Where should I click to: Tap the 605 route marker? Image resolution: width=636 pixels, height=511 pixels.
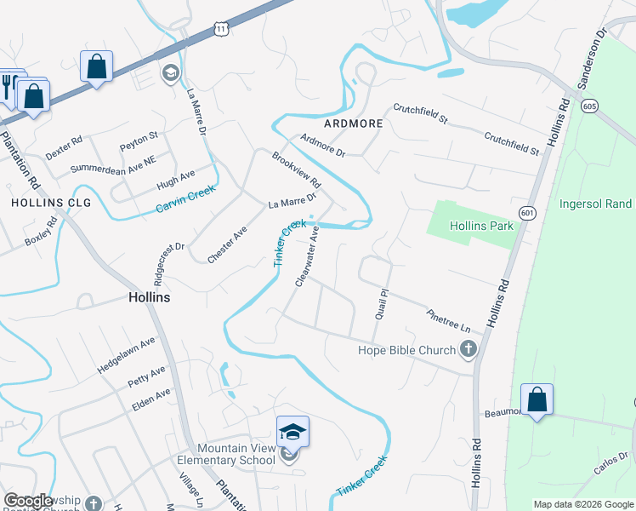pyautogui.click(x=589, y=106)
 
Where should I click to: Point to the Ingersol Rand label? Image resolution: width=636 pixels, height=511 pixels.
pyautogui.click(x=595, y=204)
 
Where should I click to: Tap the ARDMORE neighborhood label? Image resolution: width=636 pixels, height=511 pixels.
pyautogui.click(x=353, y=123)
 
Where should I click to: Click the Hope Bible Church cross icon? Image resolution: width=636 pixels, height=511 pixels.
pyautogui.click(x=468, y=349)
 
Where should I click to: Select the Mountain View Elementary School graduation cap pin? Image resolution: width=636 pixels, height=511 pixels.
pyautogui.click(x=292, y=431)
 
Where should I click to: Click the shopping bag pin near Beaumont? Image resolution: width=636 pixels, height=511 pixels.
pyautogui.click(x=537, y=399)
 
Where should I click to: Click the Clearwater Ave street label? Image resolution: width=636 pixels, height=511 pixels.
pyautogui.click(x=307, y=256)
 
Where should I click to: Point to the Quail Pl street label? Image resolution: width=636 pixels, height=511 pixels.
pyautogui.click(x=382, y=302)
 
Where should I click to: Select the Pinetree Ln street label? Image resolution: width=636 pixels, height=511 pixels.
pyautogui.click(x=449, y=320)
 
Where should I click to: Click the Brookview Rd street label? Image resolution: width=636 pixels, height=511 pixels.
pyautogui.click(x=296, y=170)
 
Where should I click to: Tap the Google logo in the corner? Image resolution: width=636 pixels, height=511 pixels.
pyautogui.click(x=28, y=501)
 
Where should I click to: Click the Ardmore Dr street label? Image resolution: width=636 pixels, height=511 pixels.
pyautogui.click(x=323, y=146)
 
